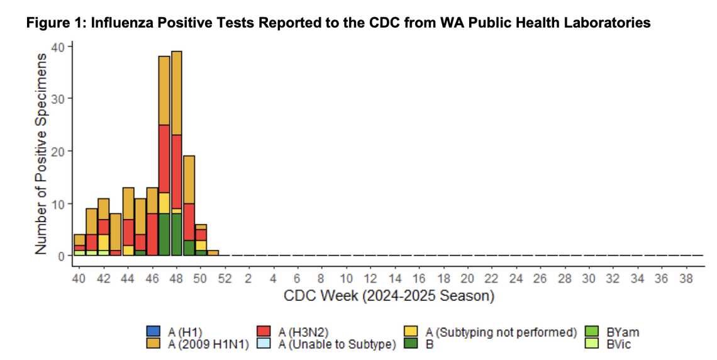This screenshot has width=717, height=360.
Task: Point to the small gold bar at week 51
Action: [x=213, y=253]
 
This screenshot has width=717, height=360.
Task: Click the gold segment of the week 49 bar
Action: [x=189, y=179]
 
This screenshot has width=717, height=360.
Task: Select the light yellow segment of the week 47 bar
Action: [x=164, y=203]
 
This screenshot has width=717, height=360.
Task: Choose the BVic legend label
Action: [x=620, y=344]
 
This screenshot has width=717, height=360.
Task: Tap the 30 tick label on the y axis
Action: [x=58, y=98]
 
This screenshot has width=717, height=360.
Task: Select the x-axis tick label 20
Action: [x=467, y=279]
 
